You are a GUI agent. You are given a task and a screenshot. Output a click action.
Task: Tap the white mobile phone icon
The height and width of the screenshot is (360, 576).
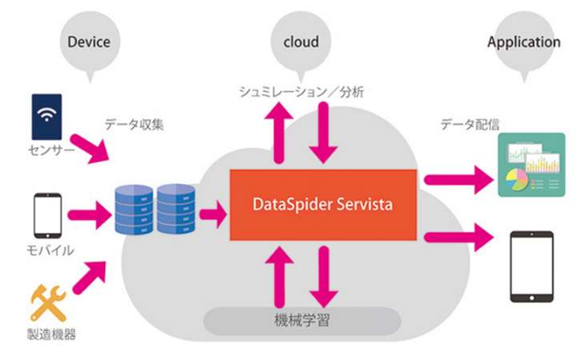tap(46, 214)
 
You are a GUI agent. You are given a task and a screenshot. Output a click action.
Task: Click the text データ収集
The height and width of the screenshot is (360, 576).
tap(131, 125)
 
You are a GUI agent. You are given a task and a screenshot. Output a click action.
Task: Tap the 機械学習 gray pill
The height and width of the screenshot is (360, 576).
tap(302, 322)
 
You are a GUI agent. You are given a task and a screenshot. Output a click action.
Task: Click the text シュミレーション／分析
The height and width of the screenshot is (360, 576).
tap(302, 91)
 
